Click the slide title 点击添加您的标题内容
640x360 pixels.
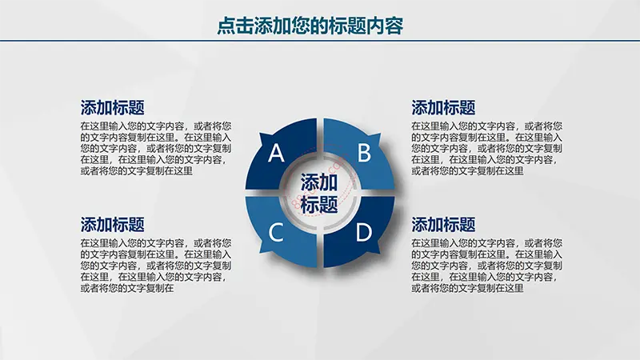coord(310,26)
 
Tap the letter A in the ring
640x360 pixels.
coord(276,153)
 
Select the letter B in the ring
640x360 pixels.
coord(364,152)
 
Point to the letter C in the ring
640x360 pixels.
coord(276,232)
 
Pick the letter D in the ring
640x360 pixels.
coord(364,232)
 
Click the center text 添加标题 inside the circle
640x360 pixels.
coord(319,193)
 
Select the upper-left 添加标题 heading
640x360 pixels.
coord(112,108)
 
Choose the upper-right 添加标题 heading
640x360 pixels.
coord(443,108)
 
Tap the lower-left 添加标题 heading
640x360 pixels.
coord(112,225)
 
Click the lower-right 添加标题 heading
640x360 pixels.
coord(443,225)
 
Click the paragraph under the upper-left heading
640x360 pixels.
coord(156,149)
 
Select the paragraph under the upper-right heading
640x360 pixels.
coord(487,149)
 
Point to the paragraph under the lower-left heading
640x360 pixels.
coord(156,266)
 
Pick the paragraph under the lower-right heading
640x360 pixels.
coord(487,266)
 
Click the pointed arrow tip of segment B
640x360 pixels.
coord(381,134)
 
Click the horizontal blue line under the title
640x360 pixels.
coord(320,41)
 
